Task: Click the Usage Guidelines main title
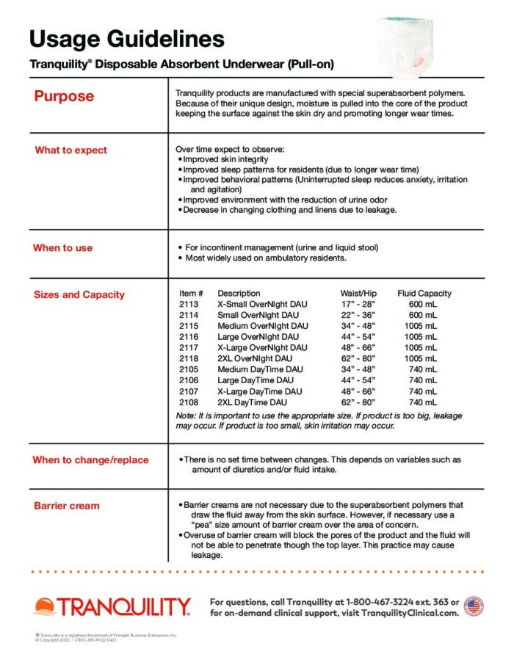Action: pos(127,38)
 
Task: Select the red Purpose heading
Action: pos(64,96)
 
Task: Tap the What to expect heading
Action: pos(70,150)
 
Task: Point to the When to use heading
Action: pos(62,248)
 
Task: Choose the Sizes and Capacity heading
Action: pos(79,295)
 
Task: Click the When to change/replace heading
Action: pos(90,460)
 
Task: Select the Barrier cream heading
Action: pos(67,506)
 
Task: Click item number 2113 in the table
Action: pos(189,304)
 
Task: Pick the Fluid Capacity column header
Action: pos(424,294)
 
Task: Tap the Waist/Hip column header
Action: pos(358,294)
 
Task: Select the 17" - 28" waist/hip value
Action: pos(358,304)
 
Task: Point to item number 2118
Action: pos(189,359)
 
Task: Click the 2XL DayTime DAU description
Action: pos(252,403)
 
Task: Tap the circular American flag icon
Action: pos(474,606)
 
